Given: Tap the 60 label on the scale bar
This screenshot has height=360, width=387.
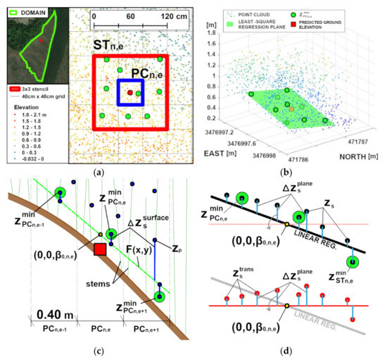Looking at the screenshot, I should click(x=130, y=15).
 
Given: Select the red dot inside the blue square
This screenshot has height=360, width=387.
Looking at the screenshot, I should click(x=130, y=92).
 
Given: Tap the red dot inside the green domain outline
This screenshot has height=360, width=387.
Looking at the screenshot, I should click(x=40, y=42).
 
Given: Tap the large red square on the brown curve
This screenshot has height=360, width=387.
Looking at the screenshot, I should click(x=100, y=249).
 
